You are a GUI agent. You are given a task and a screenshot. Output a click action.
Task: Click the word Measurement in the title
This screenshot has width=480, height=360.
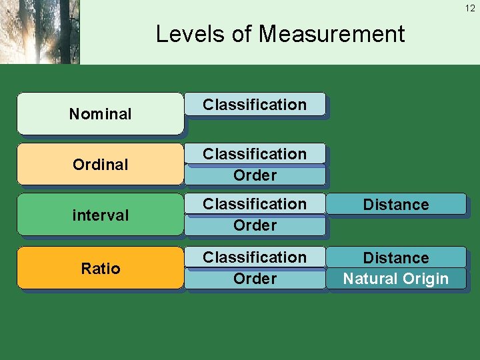coord(331,34)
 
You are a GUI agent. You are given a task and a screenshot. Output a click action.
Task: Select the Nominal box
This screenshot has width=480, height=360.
coord(100,114)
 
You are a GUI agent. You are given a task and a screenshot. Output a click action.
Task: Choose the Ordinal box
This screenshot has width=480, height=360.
coord(100,164)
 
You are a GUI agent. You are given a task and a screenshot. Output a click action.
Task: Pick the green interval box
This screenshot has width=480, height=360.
coord(100,215)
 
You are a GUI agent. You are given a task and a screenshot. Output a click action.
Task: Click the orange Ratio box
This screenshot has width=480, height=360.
coord(100,268)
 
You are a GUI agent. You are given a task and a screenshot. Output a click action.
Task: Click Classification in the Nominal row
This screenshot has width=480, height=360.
coord(255,105)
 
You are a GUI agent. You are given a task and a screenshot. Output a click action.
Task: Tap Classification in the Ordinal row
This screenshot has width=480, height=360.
coord(255,154)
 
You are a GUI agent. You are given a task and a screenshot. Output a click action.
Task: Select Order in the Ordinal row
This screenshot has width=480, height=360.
coord(255,175)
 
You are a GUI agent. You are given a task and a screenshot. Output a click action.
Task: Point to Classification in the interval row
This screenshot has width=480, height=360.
coord(255,204)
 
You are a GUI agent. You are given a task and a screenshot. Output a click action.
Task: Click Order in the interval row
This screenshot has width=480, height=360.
coord(255,225)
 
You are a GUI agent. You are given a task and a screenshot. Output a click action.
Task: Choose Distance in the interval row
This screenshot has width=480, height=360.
coord(396,205)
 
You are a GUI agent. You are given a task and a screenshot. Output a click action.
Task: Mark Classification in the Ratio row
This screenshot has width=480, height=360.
coord(255,257)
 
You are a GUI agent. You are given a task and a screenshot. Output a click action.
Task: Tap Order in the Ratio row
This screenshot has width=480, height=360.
coord(255,279)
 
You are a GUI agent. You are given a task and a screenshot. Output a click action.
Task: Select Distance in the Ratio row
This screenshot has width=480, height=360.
coord(396,258)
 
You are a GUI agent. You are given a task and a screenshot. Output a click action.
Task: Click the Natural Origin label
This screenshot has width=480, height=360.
coord(396,279)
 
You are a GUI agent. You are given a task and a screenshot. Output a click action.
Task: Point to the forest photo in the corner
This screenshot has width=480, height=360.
coord(40,32)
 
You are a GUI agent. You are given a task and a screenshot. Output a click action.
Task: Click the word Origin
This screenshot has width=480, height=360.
coord(424,279)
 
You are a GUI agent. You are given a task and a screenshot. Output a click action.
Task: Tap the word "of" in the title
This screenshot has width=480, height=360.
coord(243,34)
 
